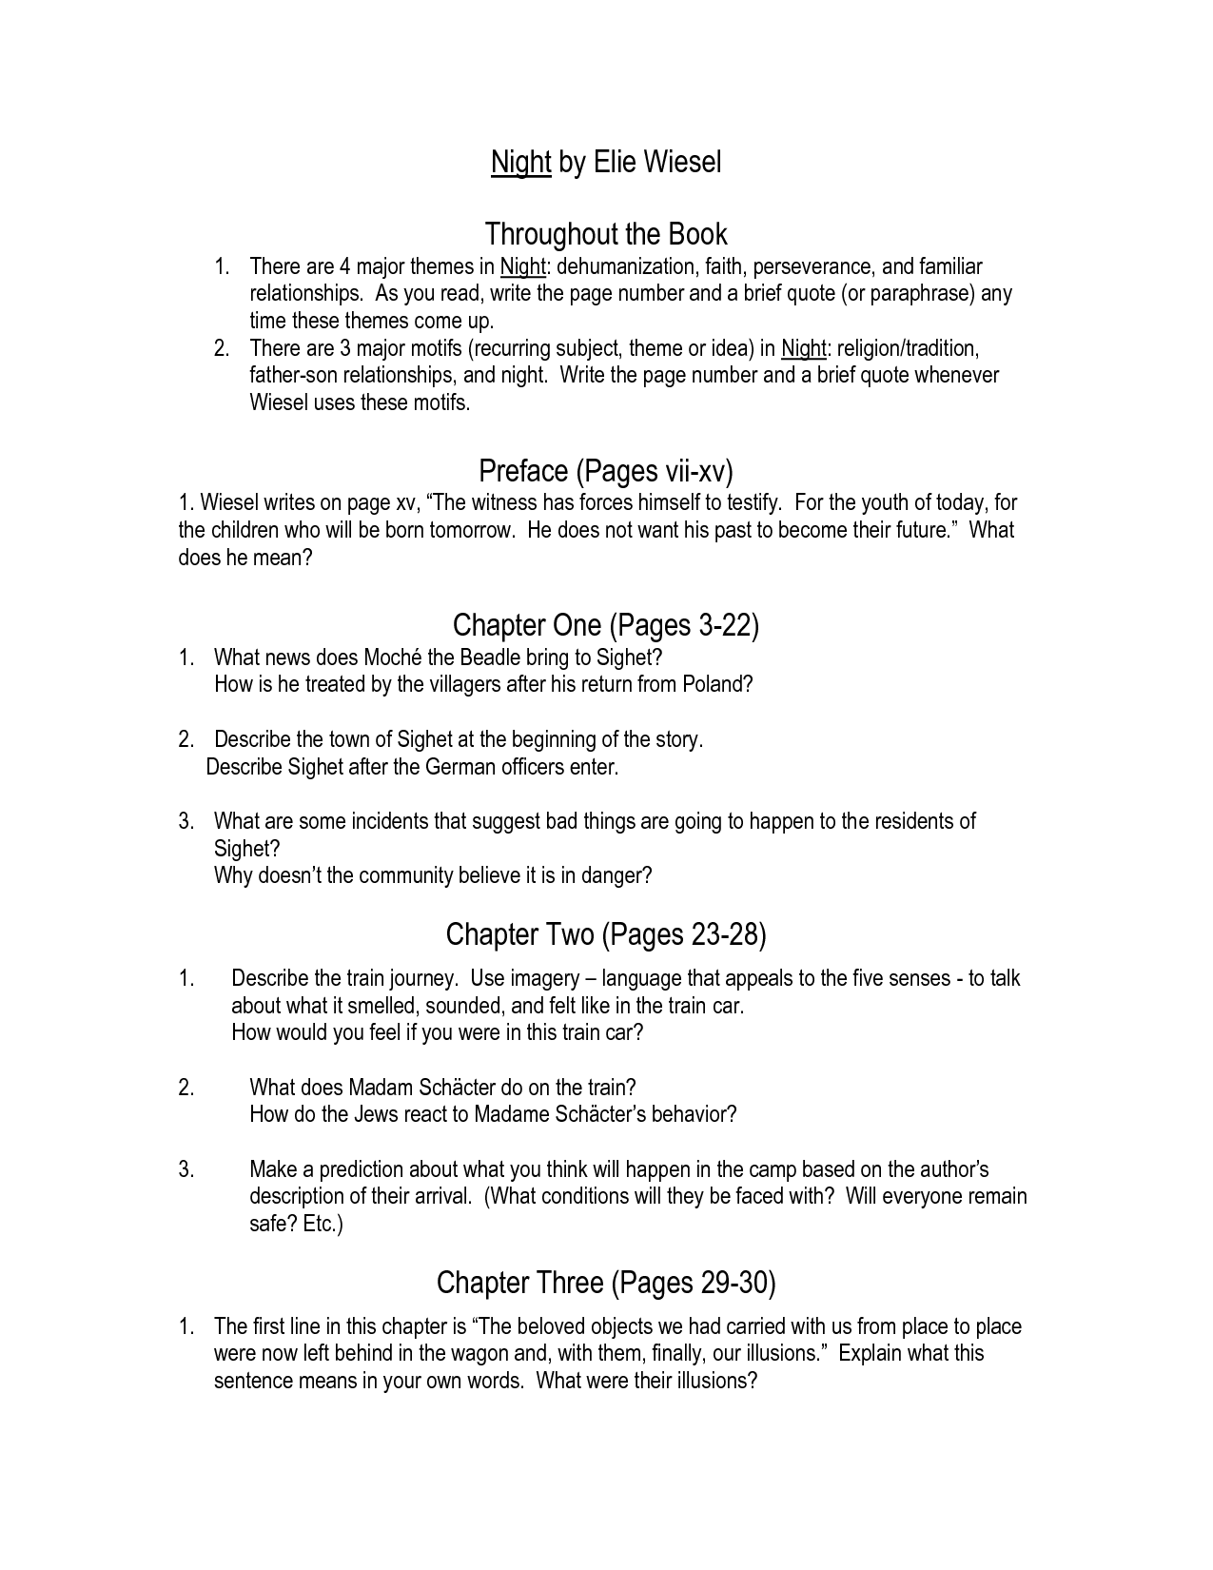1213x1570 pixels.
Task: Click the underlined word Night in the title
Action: coord(520,163)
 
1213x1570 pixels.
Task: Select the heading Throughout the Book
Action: coord(606,234)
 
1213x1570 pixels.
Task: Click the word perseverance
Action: coord(812,266)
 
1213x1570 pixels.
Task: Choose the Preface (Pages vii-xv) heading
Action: coord(606,471)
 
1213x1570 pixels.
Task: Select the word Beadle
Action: coord(496,657)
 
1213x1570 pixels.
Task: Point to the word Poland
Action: coord(714,684)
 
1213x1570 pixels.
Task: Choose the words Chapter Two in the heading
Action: coord(519,935)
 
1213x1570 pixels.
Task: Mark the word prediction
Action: coord(363,1169)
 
